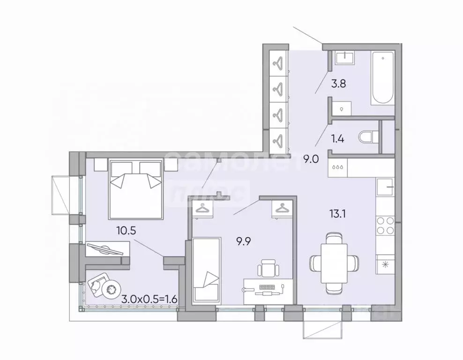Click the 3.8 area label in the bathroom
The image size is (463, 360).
pos(338,84)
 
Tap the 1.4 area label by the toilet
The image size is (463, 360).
pos(337,138)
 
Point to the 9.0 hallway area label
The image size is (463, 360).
pos(311,159)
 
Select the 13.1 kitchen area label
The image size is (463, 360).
pos(337,213)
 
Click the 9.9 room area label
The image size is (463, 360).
pos(243,241)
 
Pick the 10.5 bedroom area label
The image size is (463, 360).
pos(126,230)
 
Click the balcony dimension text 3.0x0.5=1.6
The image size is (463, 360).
pos(149,299)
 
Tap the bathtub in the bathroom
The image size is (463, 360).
pos(383,77)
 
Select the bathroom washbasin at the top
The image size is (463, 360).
pos(346,58)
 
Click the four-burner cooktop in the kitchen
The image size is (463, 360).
pos(385,225)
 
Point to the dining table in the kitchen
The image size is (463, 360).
pos(334,263)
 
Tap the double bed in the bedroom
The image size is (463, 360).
pos(136,189)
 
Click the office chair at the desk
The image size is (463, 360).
pos(268,268)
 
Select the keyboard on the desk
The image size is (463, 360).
pos(267,286)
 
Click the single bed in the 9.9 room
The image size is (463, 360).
pos(207,270)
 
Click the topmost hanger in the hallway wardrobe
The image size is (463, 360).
pos(278,63)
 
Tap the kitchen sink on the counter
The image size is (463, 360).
pos(385,187)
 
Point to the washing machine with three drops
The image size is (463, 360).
pos(338,167)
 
